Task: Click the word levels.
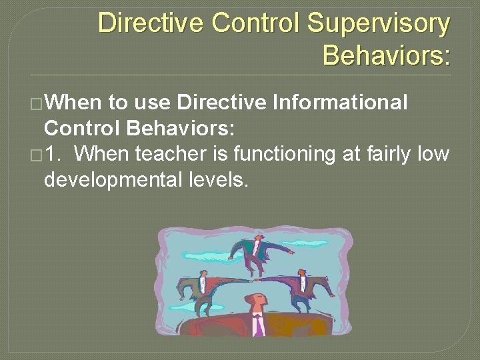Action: coord(219,179)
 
